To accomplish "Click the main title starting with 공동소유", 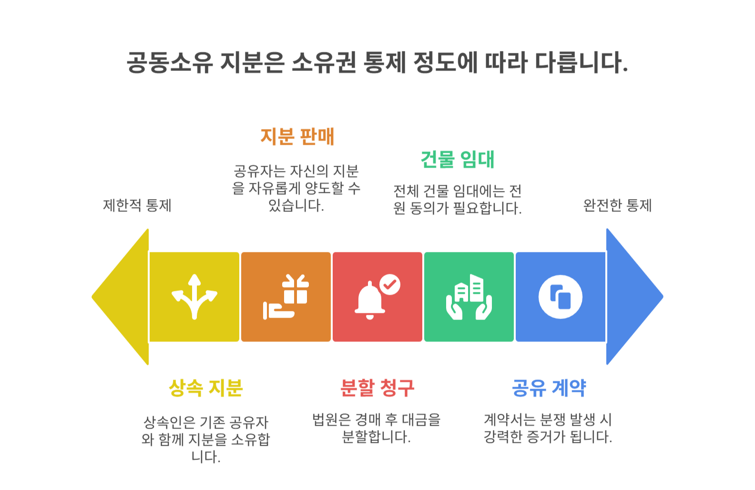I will (x=377, y=62).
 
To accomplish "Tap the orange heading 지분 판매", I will (x=297, y=137).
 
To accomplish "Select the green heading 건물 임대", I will (x=457, y=160).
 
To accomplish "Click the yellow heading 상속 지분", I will (x=206, y=388).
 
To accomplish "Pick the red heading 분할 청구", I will (x=377, y=388).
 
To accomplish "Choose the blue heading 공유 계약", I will (x=549, y=388).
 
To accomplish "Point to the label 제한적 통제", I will (x=137, y=206).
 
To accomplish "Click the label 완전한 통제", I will (x=617, y=206).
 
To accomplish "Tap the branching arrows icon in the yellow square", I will (x=194, y=297).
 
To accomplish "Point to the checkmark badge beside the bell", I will (x=390, y=285).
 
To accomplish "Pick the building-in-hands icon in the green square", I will (x=469, y=297).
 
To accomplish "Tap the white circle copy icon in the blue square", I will (x=561, y=297).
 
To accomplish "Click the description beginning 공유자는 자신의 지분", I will (x=296, y=188).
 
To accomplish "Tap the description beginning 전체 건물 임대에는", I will (x=457, y=200).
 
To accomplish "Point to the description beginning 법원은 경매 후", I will (x=377, y=428).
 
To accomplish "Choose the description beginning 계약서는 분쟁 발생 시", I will (x=548, y=428).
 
